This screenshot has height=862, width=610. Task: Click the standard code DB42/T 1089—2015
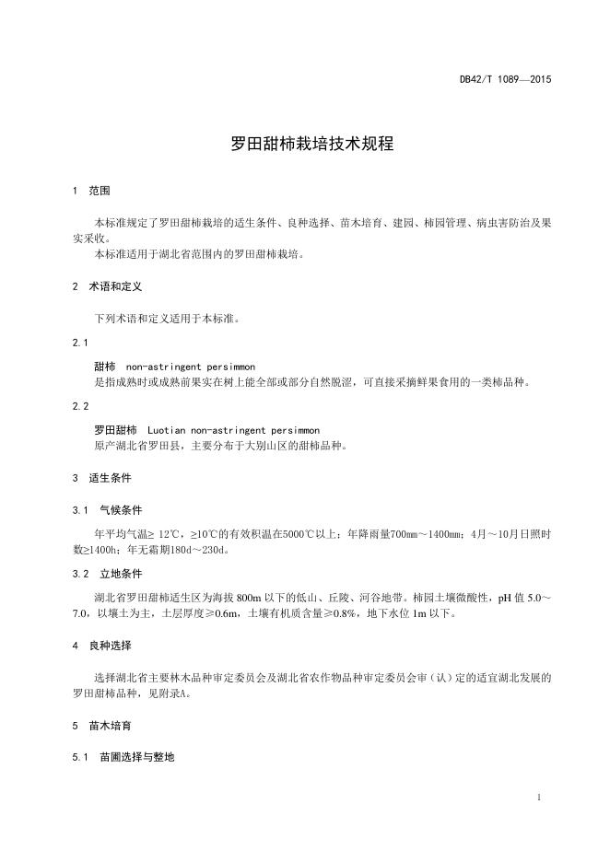505,79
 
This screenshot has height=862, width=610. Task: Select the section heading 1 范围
91,192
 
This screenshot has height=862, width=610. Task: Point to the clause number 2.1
80,343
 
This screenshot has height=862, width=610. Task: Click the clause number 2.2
80,406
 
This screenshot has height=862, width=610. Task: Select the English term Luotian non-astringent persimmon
233,430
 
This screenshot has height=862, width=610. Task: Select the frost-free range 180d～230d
197,550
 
